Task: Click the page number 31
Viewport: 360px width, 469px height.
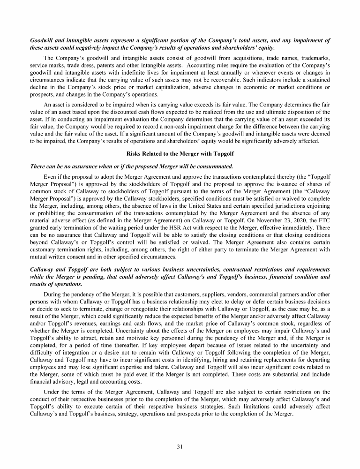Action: [x=180, y=446]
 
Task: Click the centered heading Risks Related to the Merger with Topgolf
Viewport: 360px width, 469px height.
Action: [x=180, y=154]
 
